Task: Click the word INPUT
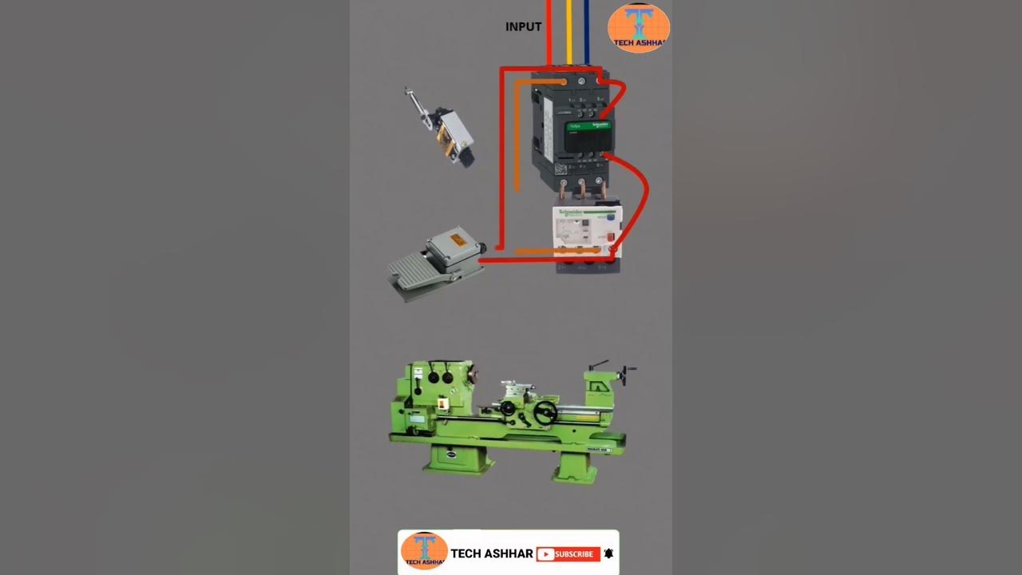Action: coord(523,27)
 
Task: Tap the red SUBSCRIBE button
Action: coord(568,554)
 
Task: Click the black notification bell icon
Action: coord(608,553)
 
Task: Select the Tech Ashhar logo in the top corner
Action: coord(638,28)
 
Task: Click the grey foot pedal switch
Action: coord(435,268)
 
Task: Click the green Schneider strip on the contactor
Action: coord(588,125)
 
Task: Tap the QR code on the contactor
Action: coord(561,169)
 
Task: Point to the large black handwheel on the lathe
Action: coord(545,412)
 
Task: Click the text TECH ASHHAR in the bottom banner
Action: coord(491,553)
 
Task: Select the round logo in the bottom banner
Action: coord(424,550)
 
